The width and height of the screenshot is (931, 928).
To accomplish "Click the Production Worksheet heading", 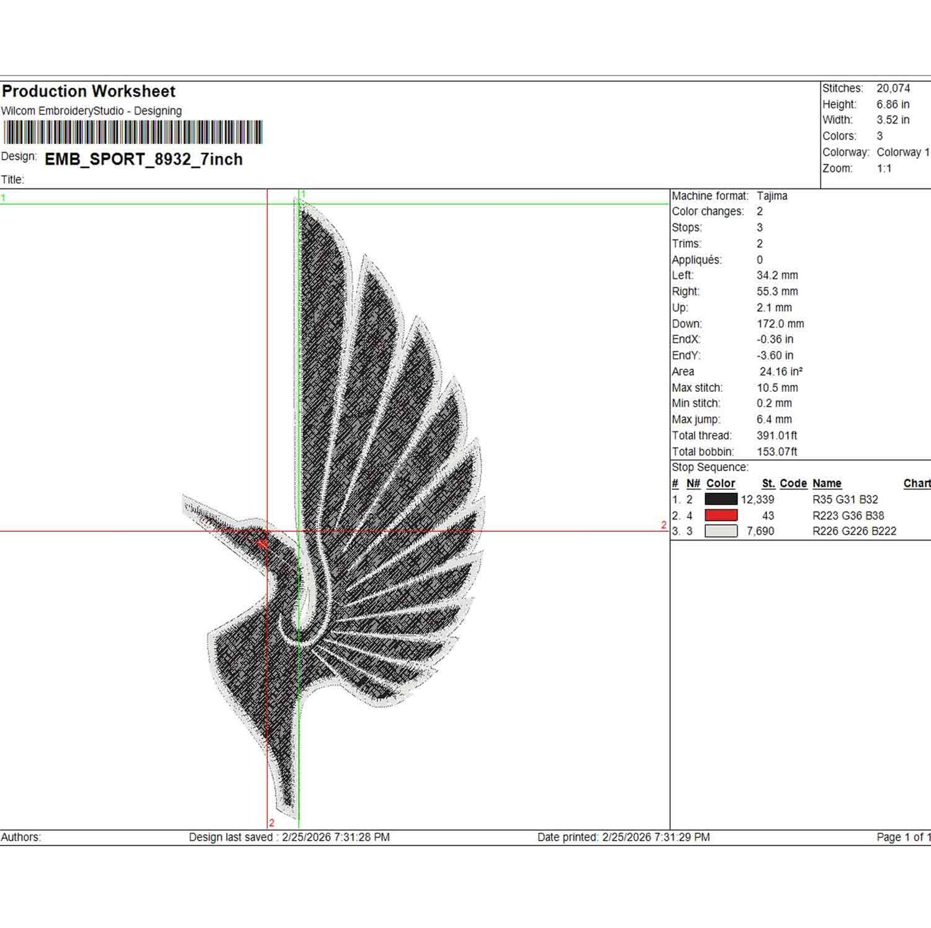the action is (89, 91).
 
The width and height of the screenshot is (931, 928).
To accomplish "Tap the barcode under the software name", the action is (133, 132).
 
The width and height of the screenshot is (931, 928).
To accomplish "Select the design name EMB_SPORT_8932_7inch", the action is (143, 160).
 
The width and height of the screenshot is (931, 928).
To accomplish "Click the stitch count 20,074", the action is (893, 88).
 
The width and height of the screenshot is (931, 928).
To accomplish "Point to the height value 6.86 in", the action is (893, 104).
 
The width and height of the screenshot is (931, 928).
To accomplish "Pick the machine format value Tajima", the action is (772, 196).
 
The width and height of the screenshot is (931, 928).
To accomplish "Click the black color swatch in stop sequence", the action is (721, 499).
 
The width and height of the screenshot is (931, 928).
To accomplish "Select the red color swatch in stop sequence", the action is (721, 515).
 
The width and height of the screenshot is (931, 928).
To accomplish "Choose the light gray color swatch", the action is (721, 531).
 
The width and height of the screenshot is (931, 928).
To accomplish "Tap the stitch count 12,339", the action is (757, 500).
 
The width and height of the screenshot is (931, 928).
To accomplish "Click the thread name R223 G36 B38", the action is (848, 515).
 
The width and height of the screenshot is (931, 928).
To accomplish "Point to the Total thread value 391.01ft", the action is (777, 436).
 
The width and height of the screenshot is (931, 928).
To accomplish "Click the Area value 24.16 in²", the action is (781, 372).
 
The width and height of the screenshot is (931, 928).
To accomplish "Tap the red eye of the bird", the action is (261, 543).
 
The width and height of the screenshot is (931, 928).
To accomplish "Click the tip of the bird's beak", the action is (184, 497).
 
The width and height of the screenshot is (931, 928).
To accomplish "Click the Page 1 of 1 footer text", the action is (903, 837).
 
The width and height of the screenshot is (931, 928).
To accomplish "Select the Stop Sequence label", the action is (710, 467).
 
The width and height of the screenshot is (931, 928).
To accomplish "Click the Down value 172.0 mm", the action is (780, 324).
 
